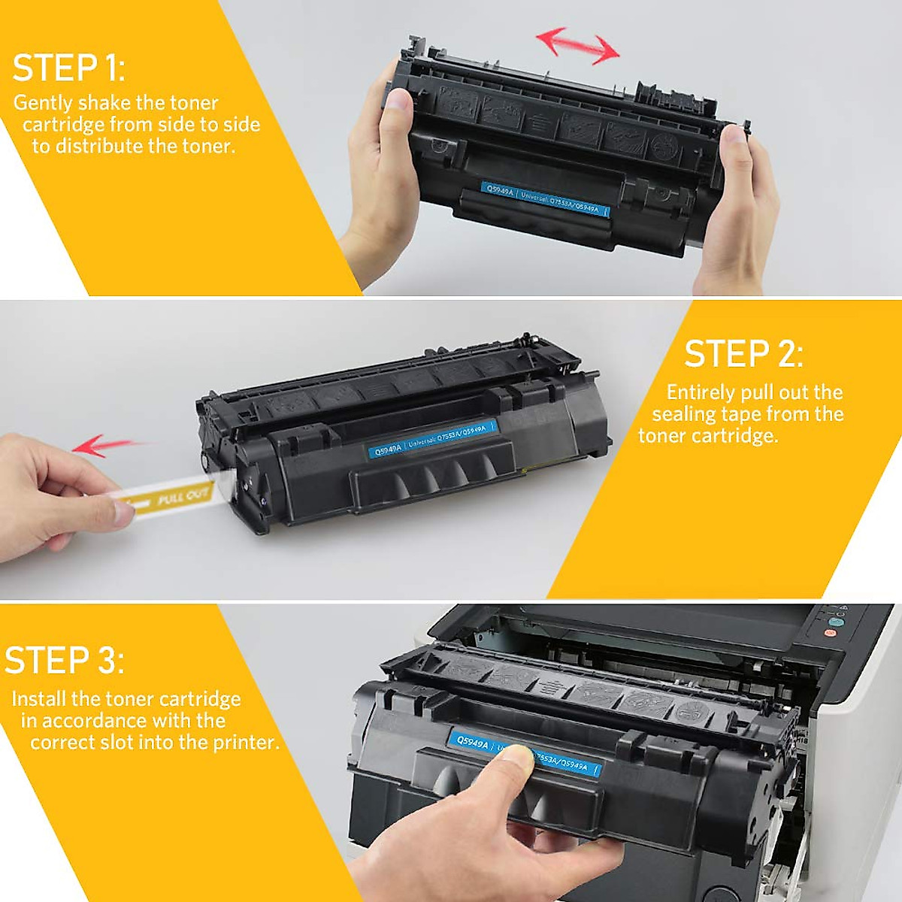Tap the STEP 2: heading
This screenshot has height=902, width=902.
click(743, 354)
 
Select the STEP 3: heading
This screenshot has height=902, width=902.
click(65, 661)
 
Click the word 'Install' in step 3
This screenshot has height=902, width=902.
click(39, 699)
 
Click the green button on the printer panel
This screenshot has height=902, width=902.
click(836, 622)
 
